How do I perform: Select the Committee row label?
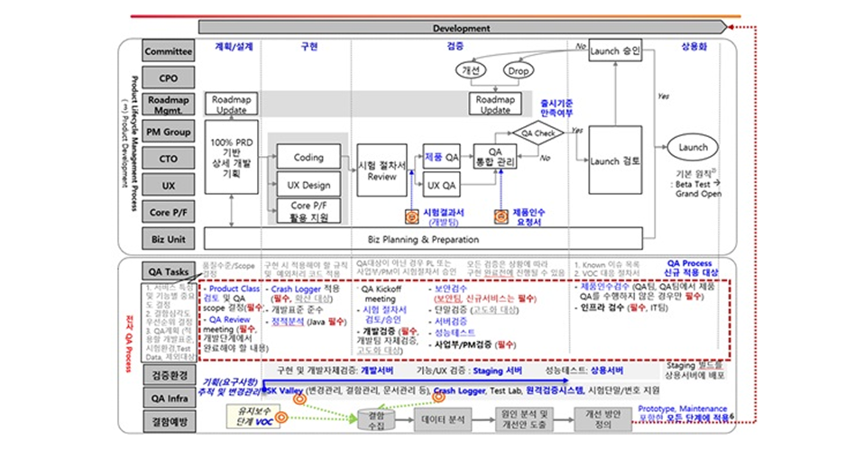(x=169, y=52)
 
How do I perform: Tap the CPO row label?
(x=169, y=78)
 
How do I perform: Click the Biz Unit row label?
(x=169, y=238)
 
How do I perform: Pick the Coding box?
(x=308, y=157)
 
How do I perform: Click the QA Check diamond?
(x=538, y=133)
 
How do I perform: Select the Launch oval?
(x=693, y=148)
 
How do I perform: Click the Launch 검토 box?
(x=615, y=161)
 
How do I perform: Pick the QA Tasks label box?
(x=169, y=270)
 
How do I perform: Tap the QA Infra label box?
(x=169, y=394)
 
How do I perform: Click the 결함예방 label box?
(x=169, y=419)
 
